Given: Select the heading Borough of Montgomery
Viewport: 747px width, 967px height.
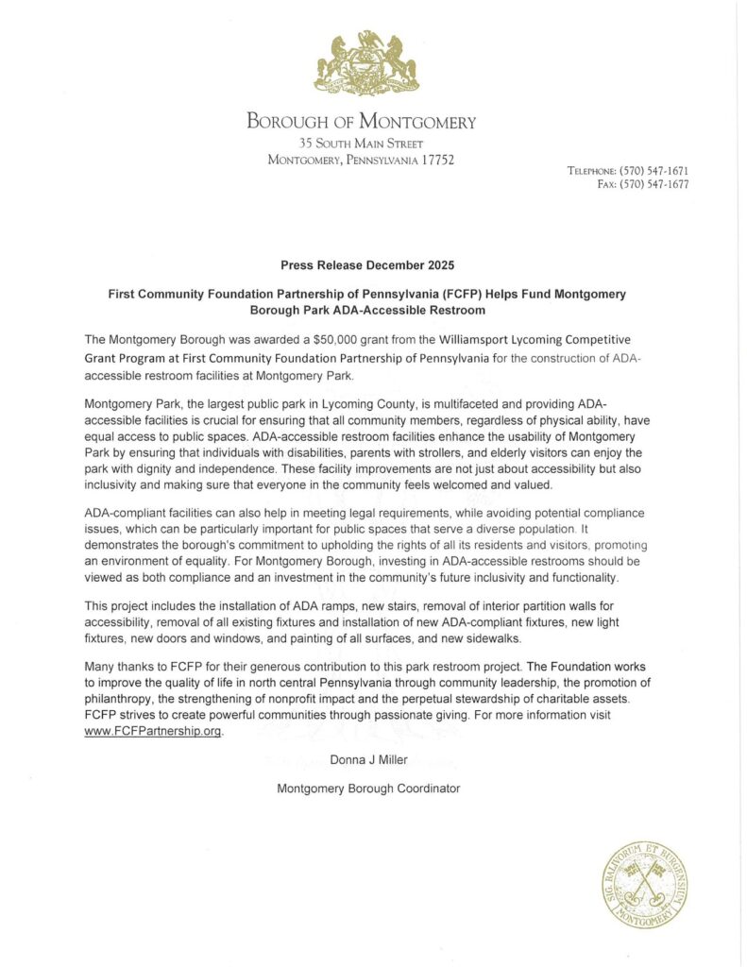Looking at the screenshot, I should point(362,122).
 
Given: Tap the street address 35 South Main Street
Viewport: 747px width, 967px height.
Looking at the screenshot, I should point(362,143).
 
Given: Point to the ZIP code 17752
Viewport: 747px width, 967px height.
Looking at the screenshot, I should point(435,160).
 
